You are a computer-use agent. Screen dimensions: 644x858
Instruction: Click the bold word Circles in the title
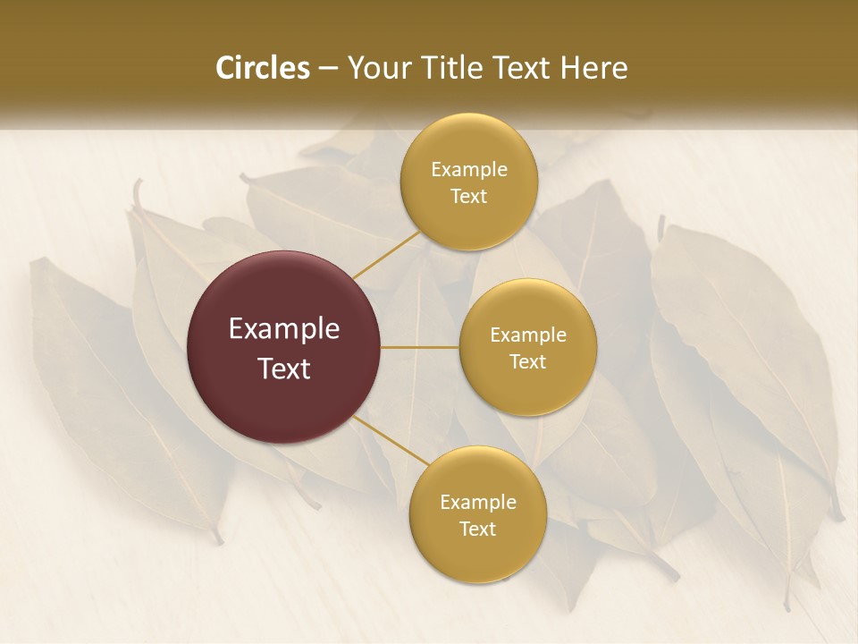(263, 68)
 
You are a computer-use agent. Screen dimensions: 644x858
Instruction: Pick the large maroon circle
(284, 347)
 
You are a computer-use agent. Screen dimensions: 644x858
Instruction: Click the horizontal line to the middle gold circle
(420, 347)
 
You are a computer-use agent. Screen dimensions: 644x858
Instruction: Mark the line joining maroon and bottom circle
(386, 438)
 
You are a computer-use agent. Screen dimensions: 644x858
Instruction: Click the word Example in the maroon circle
(284, 329)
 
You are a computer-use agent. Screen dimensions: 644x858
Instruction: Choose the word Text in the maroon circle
(284, 369)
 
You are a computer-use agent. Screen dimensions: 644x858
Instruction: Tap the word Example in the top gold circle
(469, 170)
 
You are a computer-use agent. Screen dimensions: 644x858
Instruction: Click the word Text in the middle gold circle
(528, 362)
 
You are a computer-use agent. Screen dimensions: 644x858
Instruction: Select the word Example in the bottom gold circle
(477, 503)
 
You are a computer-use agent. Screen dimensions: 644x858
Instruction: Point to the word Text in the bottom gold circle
(477, 530)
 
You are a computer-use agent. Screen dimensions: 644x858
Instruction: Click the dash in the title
(327, 68)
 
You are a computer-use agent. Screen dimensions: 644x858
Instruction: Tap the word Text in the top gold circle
(469, 197)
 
